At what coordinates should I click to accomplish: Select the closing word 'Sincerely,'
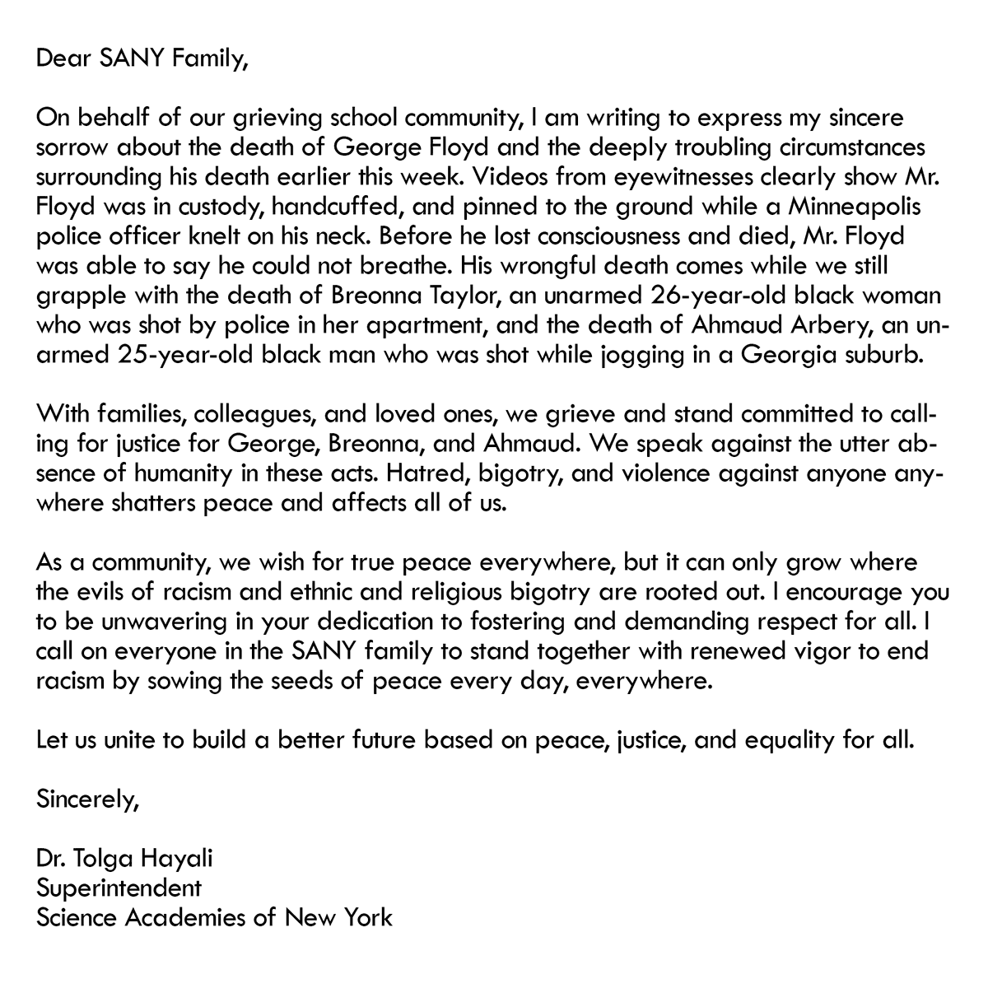point(87,799)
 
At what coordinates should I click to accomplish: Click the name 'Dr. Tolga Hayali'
point(124,859)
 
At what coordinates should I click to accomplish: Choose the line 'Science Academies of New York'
point(214,918)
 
